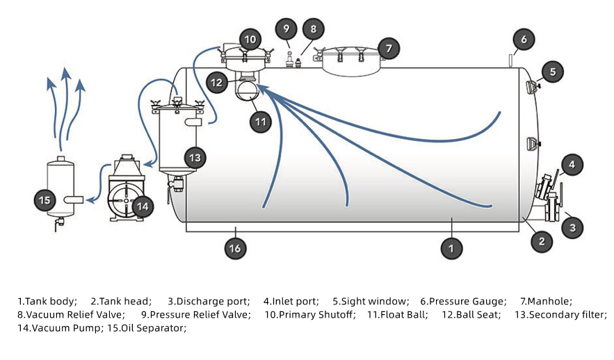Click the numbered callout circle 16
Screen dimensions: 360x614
click(236, 248)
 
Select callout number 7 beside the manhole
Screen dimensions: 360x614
click(389, 48)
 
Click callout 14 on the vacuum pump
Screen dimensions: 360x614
click(142, 206)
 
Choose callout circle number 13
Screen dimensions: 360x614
click(195, 158)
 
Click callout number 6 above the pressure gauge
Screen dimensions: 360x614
click(524, 39)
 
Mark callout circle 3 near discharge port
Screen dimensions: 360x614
click(572, 227)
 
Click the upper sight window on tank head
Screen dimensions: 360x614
click(532, 87)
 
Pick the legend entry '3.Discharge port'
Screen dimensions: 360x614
click(209, 301)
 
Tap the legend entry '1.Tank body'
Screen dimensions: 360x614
click(47, 301)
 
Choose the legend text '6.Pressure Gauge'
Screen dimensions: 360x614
click(463, 301)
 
